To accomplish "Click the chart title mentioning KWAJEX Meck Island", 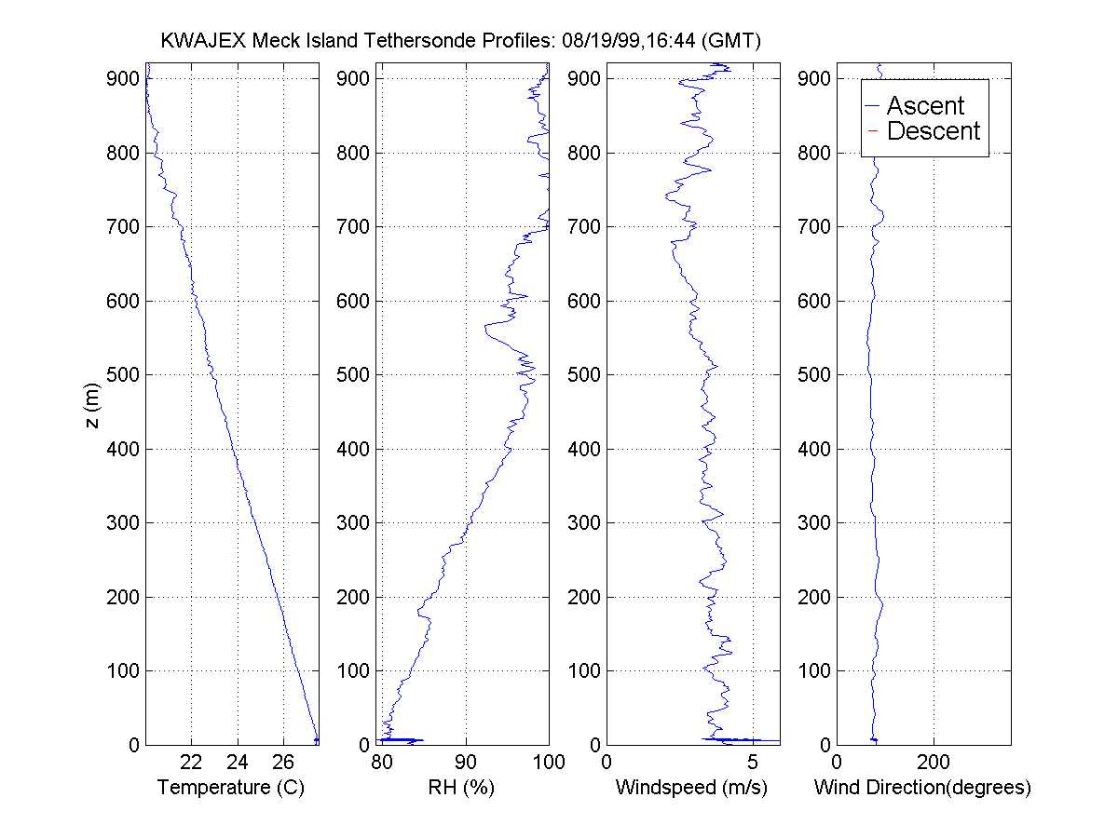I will pos(461,41).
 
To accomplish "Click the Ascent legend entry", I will pos(925,105).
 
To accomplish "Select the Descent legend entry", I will pos(934,131).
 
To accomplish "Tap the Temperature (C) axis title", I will pos(232,789).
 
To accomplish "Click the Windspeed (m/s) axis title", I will pos(691,789).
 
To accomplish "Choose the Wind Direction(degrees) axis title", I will pos(922,789).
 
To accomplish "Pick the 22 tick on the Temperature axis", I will pos(191,763).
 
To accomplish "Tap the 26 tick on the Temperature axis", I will pos(283,763).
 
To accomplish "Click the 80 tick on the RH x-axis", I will pos(380,763).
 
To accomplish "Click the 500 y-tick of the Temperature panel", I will pos(124,375).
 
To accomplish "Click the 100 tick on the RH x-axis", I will pos(548,763).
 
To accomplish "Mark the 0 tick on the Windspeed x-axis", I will pos(607,763).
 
